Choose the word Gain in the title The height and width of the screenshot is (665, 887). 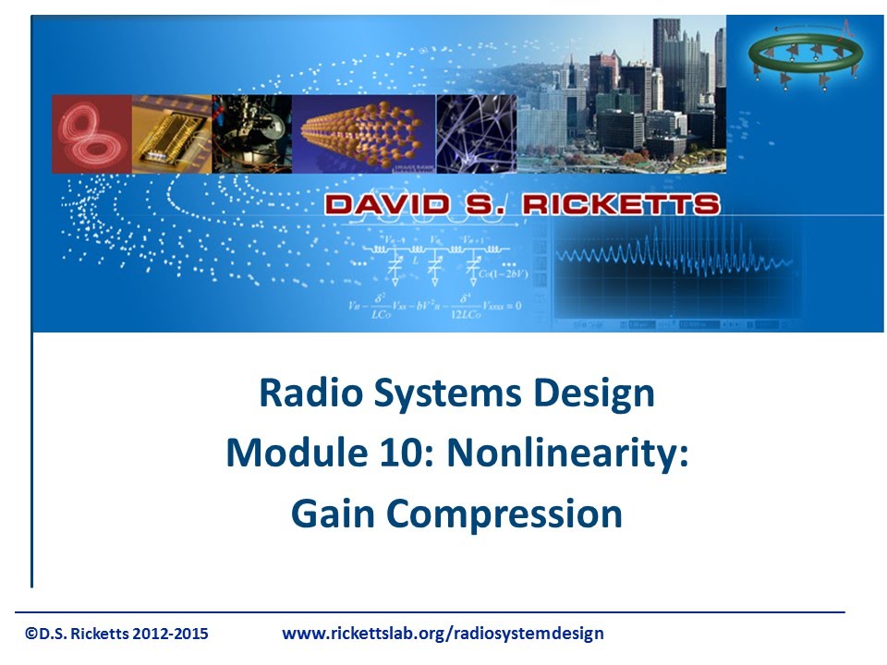click(334, 514)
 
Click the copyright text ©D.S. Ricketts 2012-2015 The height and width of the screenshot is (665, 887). click(116, 634)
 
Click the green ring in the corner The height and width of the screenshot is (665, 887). click(805, 54)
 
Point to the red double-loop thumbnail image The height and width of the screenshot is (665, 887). click(91, 134)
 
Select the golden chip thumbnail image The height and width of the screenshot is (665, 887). click(171, 134)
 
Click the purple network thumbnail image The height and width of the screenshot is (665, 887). click(475, 134)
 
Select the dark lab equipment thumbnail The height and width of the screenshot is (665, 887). click(251, 134)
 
